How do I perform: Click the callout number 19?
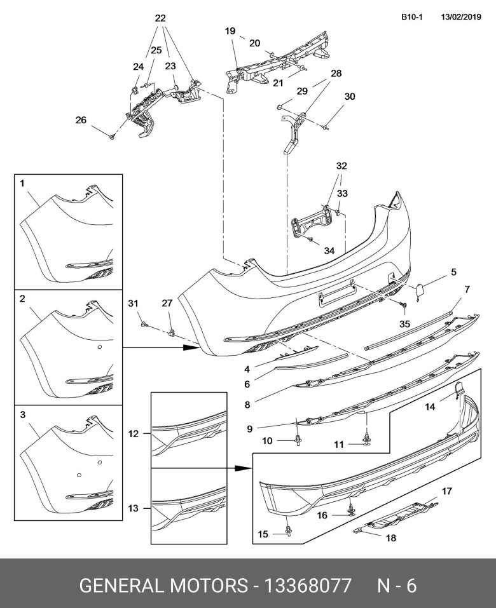pos(230,30)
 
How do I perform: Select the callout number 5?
pos(453,273)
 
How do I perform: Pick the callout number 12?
pos(133,435)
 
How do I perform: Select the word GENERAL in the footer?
pos(121,585)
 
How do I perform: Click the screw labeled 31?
pos(145,325)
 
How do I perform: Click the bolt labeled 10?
pos(298,439)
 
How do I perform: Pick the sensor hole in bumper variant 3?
pos(78,474)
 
